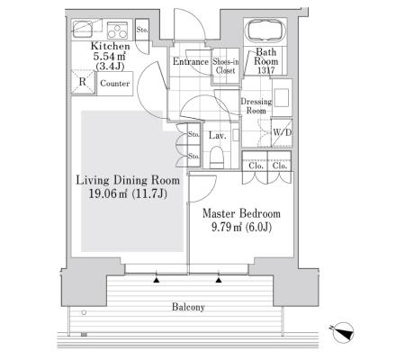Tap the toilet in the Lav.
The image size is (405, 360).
pos(217,157)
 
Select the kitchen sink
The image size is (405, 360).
pos(82,29)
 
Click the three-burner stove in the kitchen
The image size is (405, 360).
pos(117,31)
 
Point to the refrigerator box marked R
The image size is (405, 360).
pos(83,82)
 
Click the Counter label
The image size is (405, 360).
pos(115,83)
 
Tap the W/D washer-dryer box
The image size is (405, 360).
pos(282,132)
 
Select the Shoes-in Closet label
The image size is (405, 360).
pos(226,66)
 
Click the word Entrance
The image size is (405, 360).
pos(191,61)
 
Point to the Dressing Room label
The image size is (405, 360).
pos(256,106)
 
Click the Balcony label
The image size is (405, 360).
pos(188,307)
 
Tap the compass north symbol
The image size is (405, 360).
pos(342,332)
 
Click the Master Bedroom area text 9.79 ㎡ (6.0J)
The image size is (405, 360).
pos(241,227)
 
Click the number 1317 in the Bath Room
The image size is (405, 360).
pos(265,70)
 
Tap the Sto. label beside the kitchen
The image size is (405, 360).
pos(142,30)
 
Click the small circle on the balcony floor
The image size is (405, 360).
pos(84,312)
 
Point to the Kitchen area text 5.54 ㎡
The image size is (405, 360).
pos(109,56)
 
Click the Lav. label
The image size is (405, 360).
pos(218,135)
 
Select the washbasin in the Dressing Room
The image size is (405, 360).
pos(282,98)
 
